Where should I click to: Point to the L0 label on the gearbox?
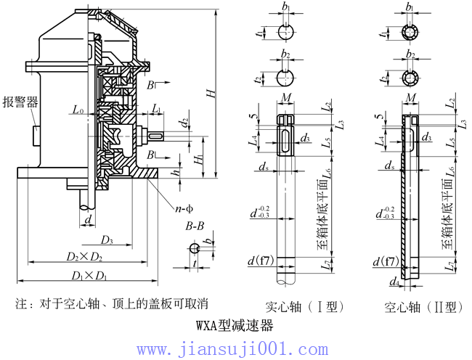coord(78,110)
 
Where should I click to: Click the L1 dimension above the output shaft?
coord(158,108)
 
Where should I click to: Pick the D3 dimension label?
coord(107,240)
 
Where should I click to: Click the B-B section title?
coord(195,226)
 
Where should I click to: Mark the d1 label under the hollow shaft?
coord(393,282)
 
